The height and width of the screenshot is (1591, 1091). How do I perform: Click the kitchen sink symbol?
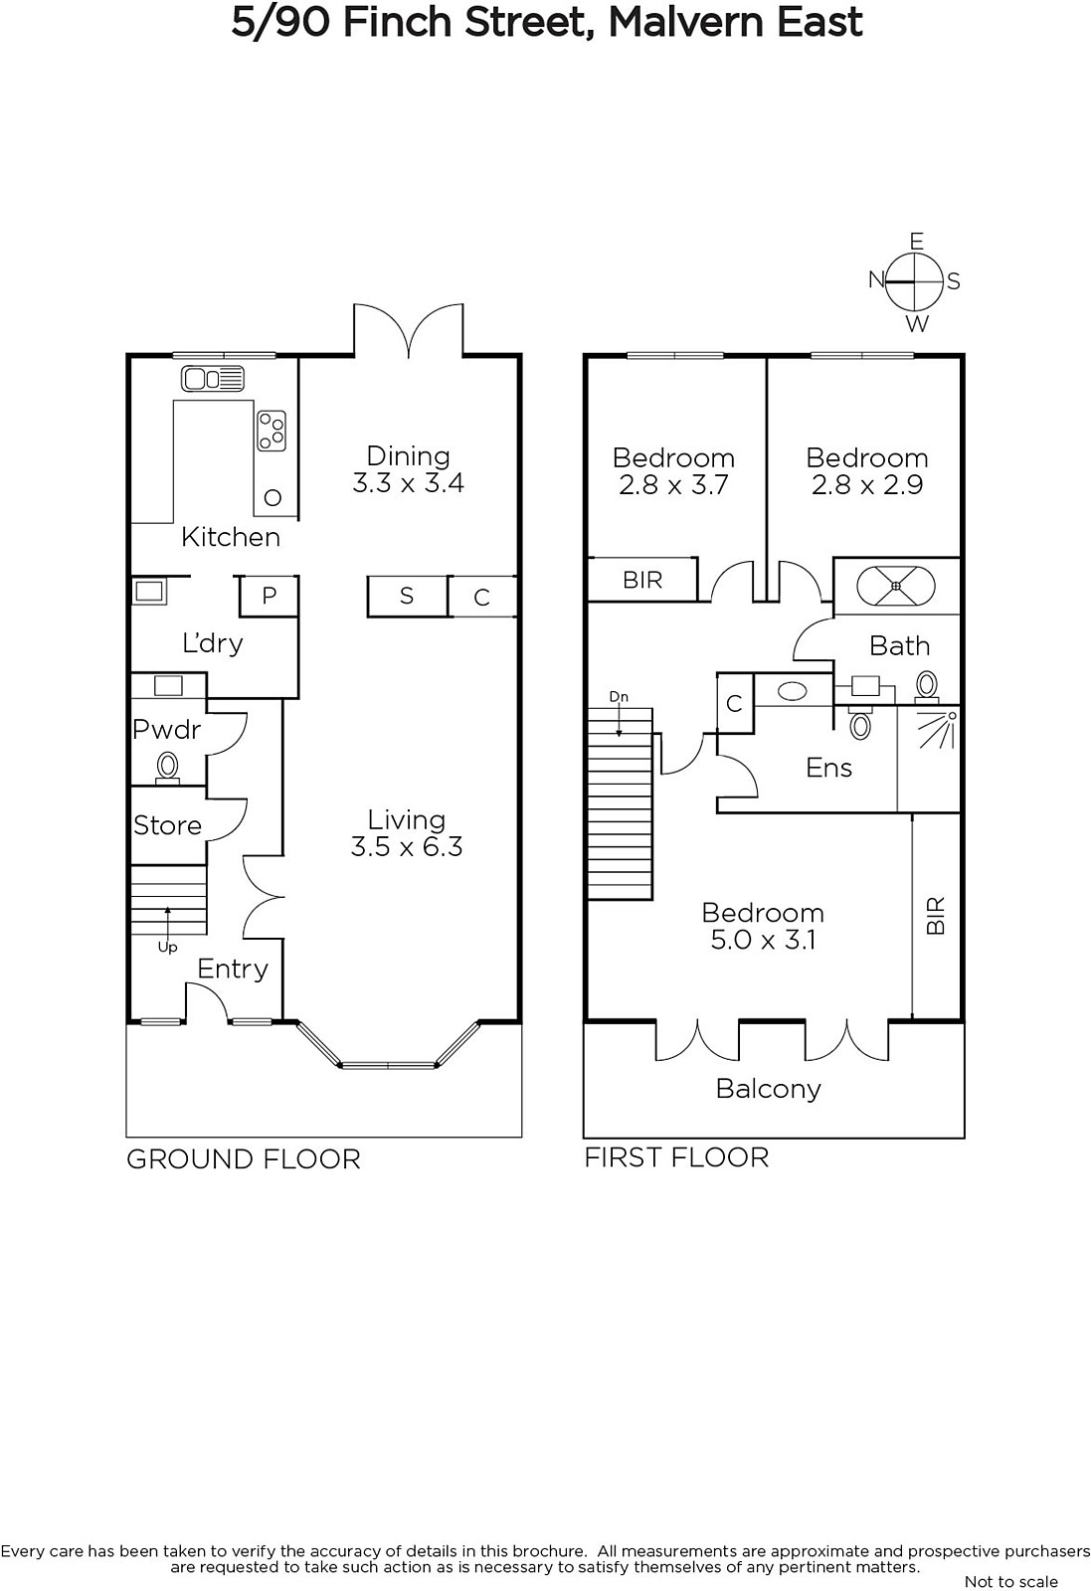point(213,379)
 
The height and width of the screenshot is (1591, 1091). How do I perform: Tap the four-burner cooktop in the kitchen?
point(272,431)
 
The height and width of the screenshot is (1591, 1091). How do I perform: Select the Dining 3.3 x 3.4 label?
point(408,468)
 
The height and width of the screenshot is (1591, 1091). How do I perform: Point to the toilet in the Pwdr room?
point(168,768)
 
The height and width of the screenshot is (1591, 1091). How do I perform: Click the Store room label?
point(168,825)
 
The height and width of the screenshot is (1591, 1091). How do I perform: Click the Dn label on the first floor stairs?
point(619,697)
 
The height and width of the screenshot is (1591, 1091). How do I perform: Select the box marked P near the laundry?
point(269,596)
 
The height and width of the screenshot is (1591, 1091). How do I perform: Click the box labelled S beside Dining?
point(407,596)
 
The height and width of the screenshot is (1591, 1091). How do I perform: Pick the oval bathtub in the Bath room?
point(896,586)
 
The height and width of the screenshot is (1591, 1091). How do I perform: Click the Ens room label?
point(828,768)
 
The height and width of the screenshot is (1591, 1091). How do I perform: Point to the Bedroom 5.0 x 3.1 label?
point(763,926)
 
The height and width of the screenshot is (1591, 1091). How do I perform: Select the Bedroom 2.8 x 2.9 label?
point(867,471)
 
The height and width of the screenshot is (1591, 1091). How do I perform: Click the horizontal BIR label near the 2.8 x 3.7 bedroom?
point(642,581)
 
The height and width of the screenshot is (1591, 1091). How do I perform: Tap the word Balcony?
point(769,1090)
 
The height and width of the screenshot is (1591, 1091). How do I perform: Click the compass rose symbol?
point(916,282)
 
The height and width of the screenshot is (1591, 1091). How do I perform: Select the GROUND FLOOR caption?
point(244,1159)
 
